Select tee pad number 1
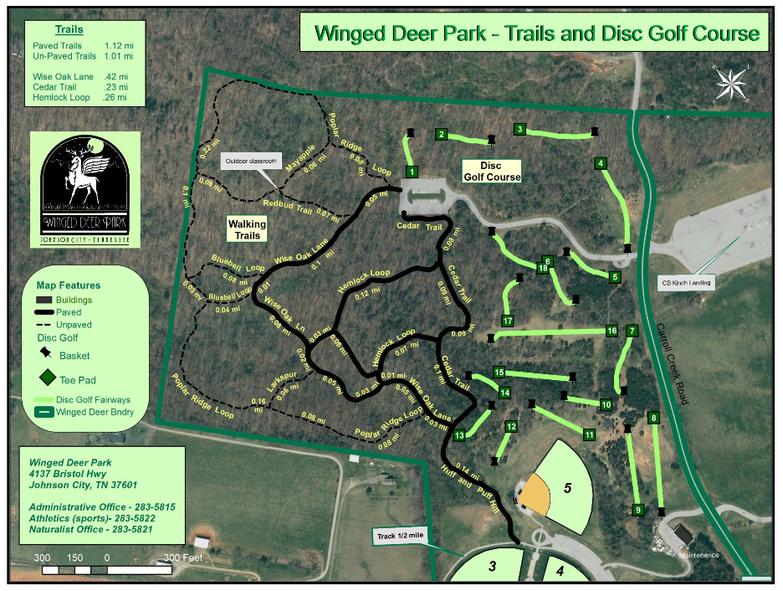click(412, 171)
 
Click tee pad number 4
click(601, 163)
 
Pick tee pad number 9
click(637, 510)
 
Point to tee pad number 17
click(507, 321)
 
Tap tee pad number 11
click(590, 435)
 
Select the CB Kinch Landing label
click(687, 283)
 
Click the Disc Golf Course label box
click(493, 171)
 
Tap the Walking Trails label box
click(248, 229)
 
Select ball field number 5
click(567, 487)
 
